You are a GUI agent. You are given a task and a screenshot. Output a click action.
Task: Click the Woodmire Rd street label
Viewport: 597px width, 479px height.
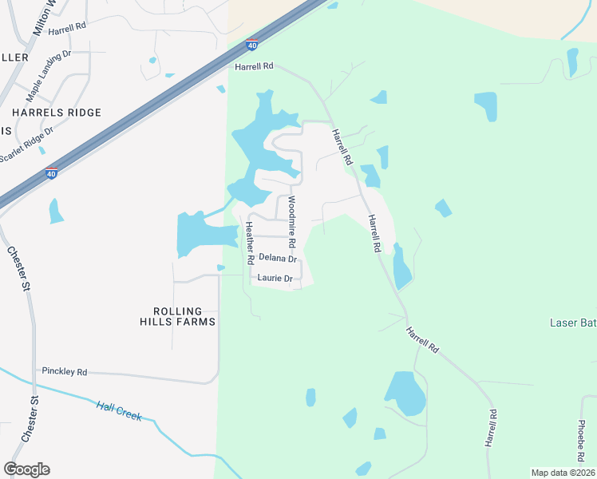pyautogui.click(x=291, y=221)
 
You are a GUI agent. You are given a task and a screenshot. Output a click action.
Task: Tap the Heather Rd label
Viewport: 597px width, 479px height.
pyautogui.click(x=249, y=243)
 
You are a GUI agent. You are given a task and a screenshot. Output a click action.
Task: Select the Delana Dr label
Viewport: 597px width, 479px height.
pyautogui.click(x=278, y=259)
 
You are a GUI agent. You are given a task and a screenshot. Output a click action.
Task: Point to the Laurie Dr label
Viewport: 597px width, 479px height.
pyautogui.click(x=275, y=279)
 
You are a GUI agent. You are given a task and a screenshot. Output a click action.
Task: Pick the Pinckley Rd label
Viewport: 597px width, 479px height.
pyautogui.click(x=65, y=372)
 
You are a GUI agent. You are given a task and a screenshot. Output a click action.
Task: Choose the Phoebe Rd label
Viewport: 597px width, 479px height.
pyautogui.click(x=583, y=435)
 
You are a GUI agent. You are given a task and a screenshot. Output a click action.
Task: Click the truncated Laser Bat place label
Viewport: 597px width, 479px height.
pyautogui.click(x=573, y=323)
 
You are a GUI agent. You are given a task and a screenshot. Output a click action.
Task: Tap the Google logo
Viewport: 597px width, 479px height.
pyautogui.click(x=26, y=469)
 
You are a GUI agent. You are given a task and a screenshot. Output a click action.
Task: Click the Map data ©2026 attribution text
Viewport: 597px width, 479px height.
pyautogui.click(x=562, y=473)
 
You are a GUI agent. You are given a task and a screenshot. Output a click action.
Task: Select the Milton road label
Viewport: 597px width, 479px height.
pyautogui.click(x=42, y=16)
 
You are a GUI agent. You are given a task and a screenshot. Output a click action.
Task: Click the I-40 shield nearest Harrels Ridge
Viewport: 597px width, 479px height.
pyautogui.click(x=50, y=173)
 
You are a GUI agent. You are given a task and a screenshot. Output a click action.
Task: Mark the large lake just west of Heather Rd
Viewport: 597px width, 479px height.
pyautogui.click(x=204, y=233)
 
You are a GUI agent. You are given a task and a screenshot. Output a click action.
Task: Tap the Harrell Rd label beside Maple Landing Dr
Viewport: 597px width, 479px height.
pyautogui.click(x=67, y=31)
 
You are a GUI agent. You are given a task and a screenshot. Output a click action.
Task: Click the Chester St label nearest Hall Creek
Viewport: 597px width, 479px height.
pyautogui.click(x=30, y=419)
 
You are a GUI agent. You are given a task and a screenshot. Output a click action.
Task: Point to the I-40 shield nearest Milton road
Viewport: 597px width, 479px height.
pyautogui.click(x=251, y=45)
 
